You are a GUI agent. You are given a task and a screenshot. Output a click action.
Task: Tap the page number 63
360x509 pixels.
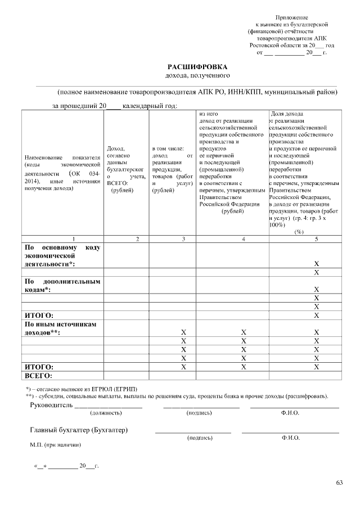[x=339, y=483]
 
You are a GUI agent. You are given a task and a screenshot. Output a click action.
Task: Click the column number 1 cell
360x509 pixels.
[x=73, y=239]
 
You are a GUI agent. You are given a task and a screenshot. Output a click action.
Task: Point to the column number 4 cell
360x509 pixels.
[x=243, y=239]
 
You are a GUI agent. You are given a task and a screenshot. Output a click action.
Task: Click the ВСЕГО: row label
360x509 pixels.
[x=38, y=375]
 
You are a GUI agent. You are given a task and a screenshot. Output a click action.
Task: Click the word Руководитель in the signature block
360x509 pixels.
[x=51, y=404]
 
